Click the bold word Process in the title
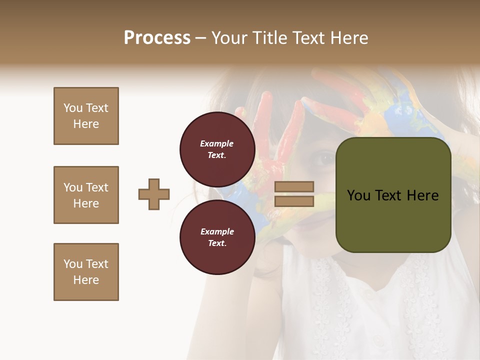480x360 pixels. click(157, 38)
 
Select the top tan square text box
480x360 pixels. click(86, 116)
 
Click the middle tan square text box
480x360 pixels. click(86, 195)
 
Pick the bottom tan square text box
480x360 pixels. click(86, 271)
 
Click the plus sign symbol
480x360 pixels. click(154, 194)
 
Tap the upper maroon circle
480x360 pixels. click(217, 149)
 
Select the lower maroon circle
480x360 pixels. click(217, 237)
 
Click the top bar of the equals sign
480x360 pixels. click(294, 186)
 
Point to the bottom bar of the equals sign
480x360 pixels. click(294, 201)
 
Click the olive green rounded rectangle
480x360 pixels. click(393, 194)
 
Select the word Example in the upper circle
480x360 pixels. click(216, 143)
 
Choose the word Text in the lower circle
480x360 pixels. click(216, 243)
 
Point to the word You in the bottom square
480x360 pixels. click(72, 264)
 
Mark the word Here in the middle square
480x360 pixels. click(86, 203)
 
